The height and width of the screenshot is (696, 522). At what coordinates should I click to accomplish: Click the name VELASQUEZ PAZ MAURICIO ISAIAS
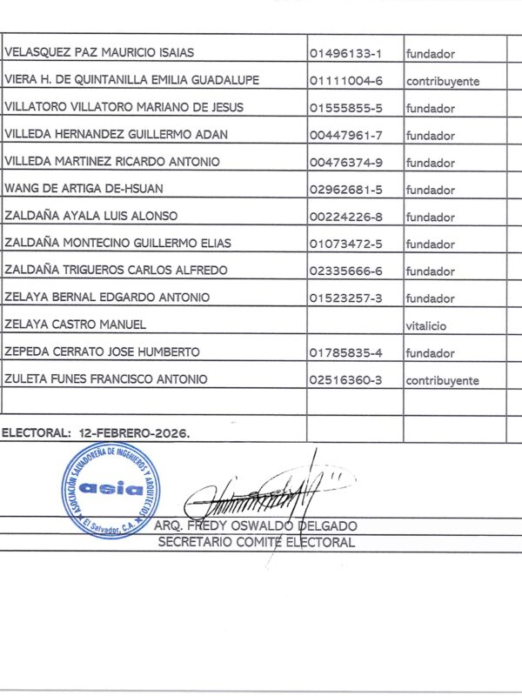(99, 53)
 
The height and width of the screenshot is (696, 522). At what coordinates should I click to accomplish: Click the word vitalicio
(425, 325)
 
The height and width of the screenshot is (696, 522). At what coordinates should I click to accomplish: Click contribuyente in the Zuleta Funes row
(442, 380)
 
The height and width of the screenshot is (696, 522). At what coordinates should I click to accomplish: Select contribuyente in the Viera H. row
(442, 81)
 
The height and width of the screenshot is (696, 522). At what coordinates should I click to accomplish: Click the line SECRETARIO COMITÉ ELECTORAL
(256, 542)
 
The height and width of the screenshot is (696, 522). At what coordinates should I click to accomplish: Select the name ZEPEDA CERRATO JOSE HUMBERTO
(102, 351)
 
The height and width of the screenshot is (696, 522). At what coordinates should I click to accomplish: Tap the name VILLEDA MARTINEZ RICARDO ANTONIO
(112, 162)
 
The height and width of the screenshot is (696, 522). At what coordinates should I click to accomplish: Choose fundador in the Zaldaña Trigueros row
(430, 271)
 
